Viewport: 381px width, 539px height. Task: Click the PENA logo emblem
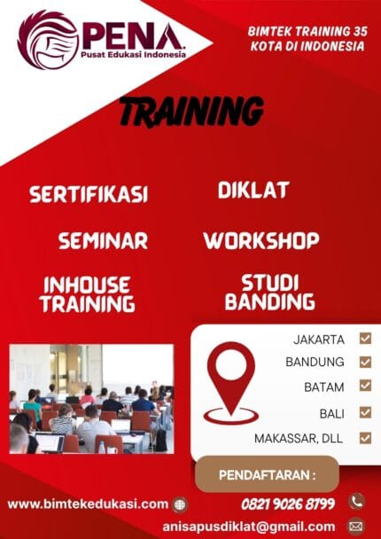click(48, 39)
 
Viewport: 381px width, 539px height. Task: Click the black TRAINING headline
click(190, 113)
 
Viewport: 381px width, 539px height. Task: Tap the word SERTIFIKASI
click(88, 194)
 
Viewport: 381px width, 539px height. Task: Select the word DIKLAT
click(253, 190)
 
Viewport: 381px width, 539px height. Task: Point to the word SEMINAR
click(103, 240)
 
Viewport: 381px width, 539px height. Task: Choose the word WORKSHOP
click(260, 240)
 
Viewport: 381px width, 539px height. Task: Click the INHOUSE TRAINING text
click(87, 294)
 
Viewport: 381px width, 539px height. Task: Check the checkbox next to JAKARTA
click(365, 338)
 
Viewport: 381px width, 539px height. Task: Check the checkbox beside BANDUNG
click(365, 362)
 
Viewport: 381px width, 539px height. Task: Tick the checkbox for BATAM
click(365, 386)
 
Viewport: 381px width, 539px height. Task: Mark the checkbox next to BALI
click(365, 412)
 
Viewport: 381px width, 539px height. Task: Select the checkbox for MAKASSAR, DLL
click(365, 437)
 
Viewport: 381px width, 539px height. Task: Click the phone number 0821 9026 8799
click(288, 504)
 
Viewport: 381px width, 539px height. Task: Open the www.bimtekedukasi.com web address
click(88, 504)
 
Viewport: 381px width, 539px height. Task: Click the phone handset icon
click(356, 502)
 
